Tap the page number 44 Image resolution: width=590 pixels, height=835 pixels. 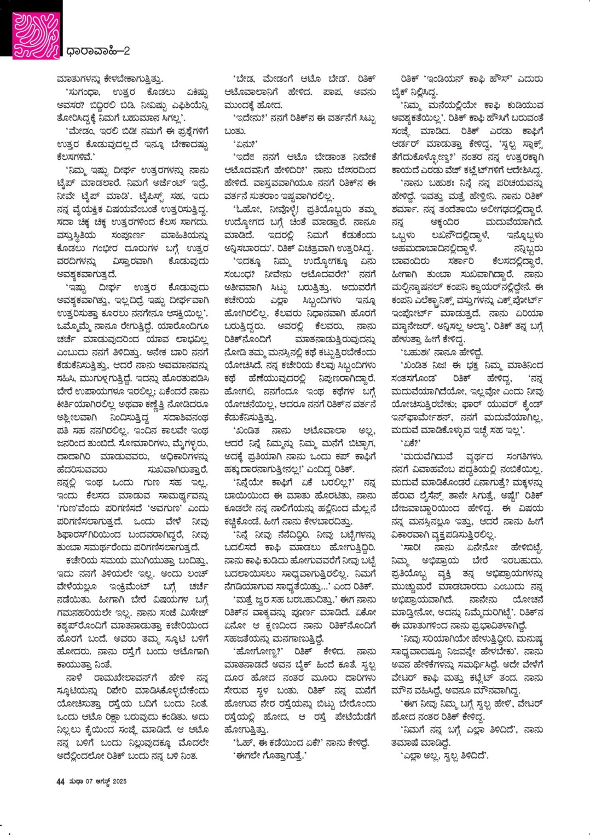[60, 781]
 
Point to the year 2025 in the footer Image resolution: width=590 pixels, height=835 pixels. [119, 781]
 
